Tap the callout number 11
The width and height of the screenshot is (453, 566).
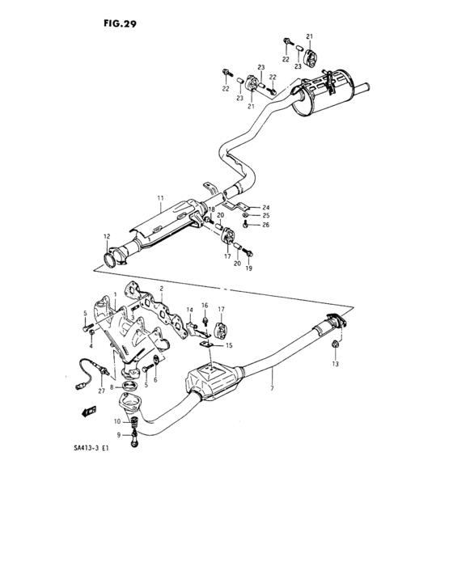click(160, 198)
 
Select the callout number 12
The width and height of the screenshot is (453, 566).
click(105, 236)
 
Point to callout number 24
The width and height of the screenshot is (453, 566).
click(265, 207)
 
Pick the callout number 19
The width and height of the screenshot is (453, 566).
click(249, 268)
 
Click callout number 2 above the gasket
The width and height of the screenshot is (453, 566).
click(162, 289)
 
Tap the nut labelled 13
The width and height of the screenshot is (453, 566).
click(334, 348)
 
